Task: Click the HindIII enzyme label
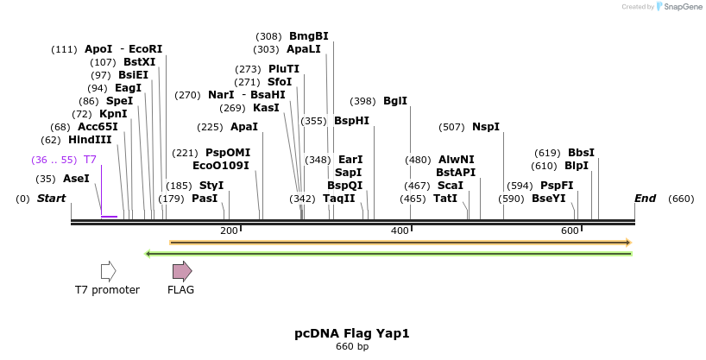[x=90, y=140]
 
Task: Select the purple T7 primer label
[x=90, y=160]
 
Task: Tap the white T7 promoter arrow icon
[x=108, y=271]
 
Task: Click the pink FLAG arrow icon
[x=181, y=271]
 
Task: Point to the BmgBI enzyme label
[x=308, y=36]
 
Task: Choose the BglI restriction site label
[x=395, y=101]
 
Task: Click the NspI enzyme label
[x=485, y=127]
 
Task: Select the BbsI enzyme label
[x=581, y=153]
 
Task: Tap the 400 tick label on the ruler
[x=400, y=231]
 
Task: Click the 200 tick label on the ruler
[x=229, y=231]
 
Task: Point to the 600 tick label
[x=570, y=231]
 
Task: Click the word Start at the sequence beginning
[x=51, y=199]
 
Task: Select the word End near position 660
[x=645, y=199]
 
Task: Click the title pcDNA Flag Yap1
[x=352, y=333]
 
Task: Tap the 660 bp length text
[x=352, y=347]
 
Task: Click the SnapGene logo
[x=679, y=7]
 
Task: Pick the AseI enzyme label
[x=76, y=179]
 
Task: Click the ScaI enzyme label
[x=450, y=186]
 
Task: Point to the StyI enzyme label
[x=211, y=186]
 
